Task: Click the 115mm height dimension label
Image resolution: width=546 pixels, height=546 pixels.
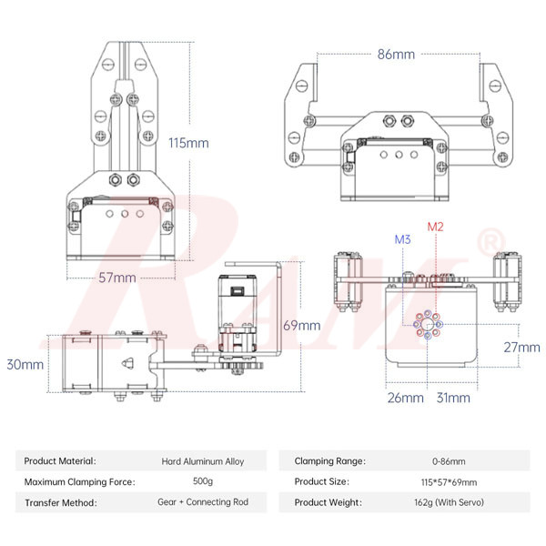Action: point(188,143)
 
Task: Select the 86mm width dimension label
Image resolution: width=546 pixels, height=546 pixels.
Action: point(396,54)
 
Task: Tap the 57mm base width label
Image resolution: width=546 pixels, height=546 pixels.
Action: point(117,277)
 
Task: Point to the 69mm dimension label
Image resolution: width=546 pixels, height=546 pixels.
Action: point(302,325)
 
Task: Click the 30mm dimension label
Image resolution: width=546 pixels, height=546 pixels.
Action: point(25,364)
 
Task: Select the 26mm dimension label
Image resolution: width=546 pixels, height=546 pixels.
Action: point(405,398)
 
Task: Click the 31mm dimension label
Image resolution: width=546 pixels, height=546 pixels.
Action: point(452,398)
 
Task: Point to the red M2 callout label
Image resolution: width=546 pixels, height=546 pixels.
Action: point(436,226)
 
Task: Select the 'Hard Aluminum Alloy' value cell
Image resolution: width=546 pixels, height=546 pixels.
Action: point(203,461)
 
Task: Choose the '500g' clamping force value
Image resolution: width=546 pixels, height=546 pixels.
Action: point(203,481)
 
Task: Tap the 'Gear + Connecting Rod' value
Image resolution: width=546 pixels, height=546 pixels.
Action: point(203,502)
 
